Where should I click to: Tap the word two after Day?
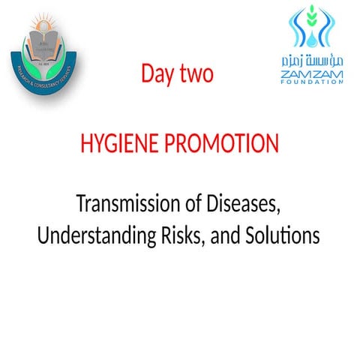(x=197, y=74)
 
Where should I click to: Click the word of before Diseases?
(x=195, y=203)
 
